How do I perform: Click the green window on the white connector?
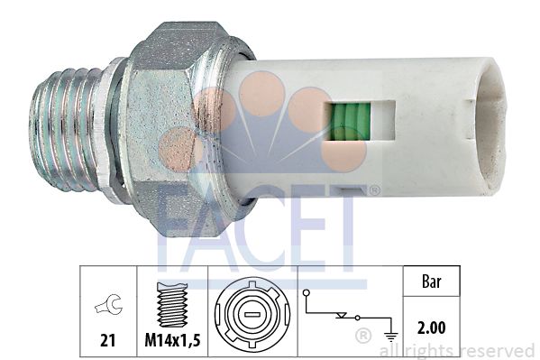(x=348, y=122)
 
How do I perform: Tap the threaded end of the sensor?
(x=66, y=129)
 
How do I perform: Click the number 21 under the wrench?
(x=108, y=340)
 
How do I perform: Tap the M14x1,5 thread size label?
(x=172, y=340)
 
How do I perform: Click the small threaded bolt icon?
(x=172, y=304)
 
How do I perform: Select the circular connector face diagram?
(x=252, y=315)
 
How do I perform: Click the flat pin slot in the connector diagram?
(x=252, y=315)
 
